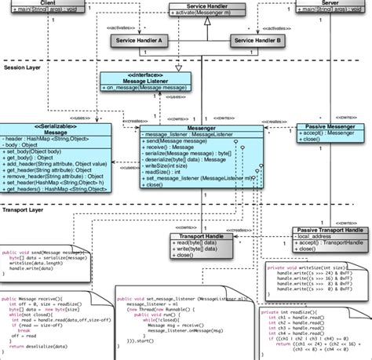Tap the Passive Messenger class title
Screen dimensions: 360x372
pyautogui.click(x=330, y=125)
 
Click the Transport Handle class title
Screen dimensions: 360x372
pyautogui.click(x=202, y=235)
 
